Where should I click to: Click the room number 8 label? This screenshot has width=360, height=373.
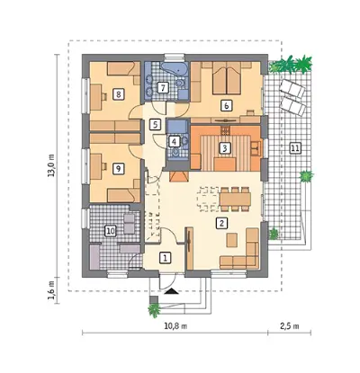[x=119, y=94]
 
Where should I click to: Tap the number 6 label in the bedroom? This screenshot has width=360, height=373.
[x=227, y=105]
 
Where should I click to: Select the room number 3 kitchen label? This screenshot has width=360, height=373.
[x=225, y=147]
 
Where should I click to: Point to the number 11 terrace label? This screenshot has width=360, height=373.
[x=295, y=147]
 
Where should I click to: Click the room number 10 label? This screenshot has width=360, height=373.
[x=110, y=231]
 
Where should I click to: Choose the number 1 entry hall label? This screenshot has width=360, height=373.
[x=165, y=258]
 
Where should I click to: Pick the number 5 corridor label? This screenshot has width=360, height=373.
[x=155, y=124]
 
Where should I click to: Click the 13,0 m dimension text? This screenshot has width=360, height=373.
[x=51, y=165]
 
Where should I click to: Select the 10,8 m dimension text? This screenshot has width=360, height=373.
[x=175, y=326]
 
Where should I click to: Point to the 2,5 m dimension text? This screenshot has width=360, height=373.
[x=290, y=326]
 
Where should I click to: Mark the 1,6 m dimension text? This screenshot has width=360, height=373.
[x=51, y=290]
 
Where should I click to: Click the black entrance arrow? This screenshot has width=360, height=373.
[x=170, y=290]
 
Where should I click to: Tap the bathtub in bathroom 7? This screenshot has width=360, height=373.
[x=175, y=69]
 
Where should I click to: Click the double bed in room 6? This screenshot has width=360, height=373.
[x=227, y=79]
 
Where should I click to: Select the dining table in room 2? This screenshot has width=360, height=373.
[x=235, y=199]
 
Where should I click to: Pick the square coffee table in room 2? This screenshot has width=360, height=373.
[x=232, y=240]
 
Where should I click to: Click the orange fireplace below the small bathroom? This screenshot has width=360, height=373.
[x=178, y=177]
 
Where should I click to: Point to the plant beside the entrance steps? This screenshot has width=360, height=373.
[x=155, y=310]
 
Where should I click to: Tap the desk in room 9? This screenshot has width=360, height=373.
[x=95, y=167]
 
